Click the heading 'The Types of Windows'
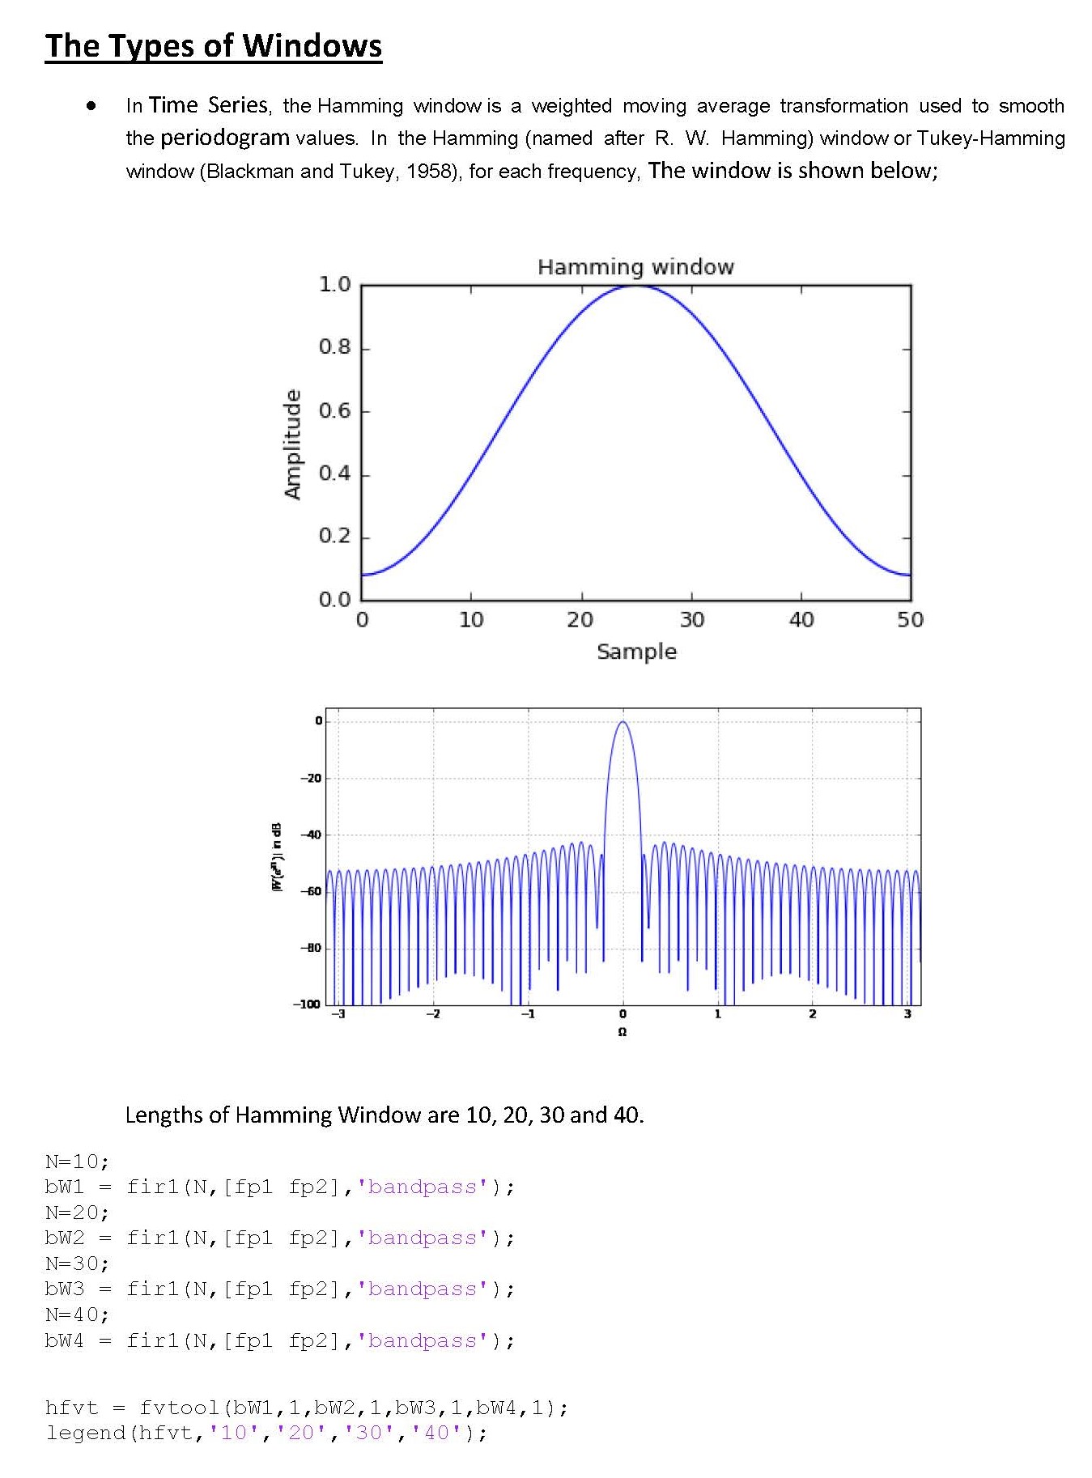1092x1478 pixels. point(213,46)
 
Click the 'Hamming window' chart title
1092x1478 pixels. point(635,267)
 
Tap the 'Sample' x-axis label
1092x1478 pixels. point(636,652)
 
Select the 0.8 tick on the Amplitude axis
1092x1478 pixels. point(334,348)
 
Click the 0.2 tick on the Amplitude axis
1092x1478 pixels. point(334,537)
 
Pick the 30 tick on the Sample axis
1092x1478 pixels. point(691,620)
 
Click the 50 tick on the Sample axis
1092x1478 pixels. point(910,620)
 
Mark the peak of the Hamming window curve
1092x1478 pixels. point(636,286)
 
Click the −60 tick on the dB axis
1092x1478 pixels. point(312,891)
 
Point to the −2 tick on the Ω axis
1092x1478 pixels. point(433,1014)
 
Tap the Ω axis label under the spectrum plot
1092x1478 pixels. point(622,1032)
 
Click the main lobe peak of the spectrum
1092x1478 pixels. point(622,722)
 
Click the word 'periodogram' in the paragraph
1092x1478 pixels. point(224,138)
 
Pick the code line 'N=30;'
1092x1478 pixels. point(77,1264)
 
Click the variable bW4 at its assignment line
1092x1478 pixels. point(65,1340)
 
